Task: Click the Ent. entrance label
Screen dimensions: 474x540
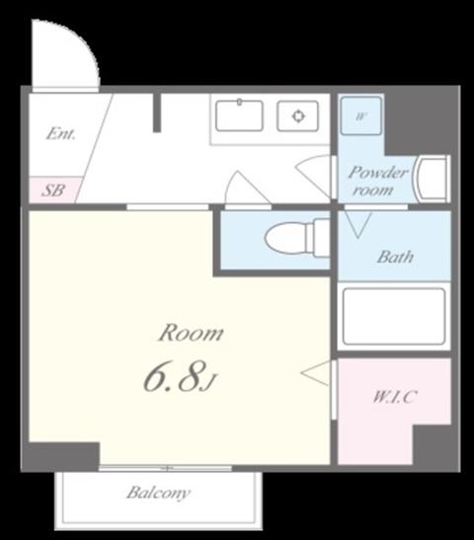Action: tap(60, 133)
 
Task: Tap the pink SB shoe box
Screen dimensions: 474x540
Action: tap(53, 190)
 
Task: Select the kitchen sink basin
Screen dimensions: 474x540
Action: tap(239, 116)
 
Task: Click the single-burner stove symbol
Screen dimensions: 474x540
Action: tap(297, 116)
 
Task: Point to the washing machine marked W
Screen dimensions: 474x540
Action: tap(360, 116)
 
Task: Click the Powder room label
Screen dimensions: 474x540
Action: tap(377, 181)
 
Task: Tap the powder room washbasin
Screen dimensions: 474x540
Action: tap(433, 180)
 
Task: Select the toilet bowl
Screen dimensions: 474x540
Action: tap(297, 238)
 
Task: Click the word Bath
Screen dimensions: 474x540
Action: tap(395, 257)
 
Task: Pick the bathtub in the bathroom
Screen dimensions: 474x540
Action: tap(394, 317)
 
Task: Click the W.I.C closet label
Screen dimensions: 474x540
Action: tap(395, 397)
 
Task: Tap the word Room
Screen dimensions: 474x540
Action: tap(191, 333)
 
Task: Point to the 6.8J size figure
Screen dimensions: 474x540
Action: tap(179, 377)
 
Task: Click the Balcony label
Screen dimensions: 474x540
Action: tap(158, 493)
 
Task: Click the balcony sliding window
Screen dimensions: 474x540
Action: tap(166, 468)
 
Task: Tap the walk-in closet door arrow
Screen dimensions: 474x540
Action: tap(315, 373)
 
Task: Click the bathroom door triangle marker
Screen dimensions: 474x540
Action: tap(358, 225)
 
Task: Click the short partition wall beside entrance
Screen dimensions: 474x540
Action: tap(157, 113)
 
